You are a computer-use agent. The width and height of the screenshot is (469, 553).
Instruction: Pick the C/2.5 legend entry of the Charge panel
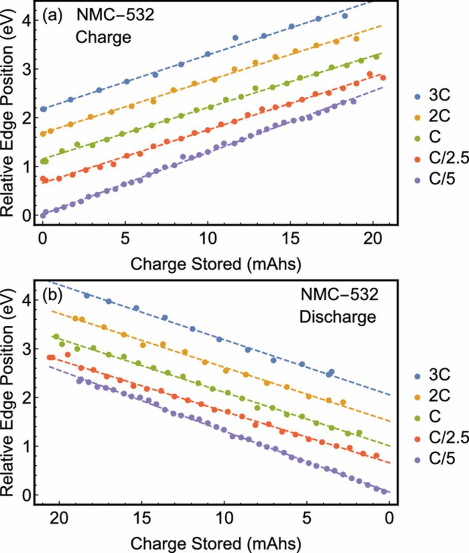(440, 158)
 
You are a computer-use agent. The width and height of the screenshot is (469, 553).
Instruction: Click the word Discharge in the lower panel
(338, 317)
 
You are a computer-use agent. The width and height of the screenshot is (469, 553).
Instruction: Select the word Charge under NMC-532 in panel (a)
(103, 37)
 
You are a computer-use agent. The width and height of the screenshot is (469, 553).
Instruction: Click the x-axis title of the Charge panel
(215, 264)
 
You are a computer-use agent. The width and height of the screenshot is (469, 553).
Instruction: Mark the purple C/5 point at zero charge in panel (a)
(43, 215)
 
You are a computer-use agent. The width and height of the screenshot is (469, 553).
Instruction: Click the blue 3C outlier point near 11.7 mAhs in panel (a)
(235, 38)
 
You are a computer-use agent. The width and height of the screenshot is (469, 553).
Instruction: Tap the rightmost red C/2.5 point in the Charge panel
(383, 78)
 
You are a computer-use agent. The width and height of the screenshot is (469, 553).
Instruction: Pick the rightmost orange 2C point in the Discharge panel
(343, 402)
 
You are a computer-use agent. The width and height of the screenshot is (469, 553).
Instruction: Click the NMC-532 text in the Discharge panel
(339, 295)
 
